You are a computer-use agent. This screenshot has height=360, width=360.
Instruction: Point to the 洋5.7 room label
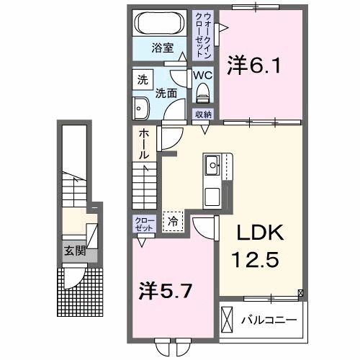(165, 291)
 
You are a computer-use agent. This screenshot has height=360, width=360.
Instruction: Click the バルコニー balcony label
(271, 318)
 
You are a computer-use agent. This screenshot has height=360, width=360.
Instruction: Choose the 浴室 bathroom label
(162, 48)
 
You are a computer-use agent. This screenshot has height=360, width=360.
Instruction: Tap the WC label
(202, 74)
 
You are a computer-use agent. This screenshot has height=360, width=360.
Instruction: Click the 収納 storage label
(202, 114)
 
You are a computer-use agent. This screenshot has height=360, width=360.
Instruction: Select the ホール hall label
(144, 144)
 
